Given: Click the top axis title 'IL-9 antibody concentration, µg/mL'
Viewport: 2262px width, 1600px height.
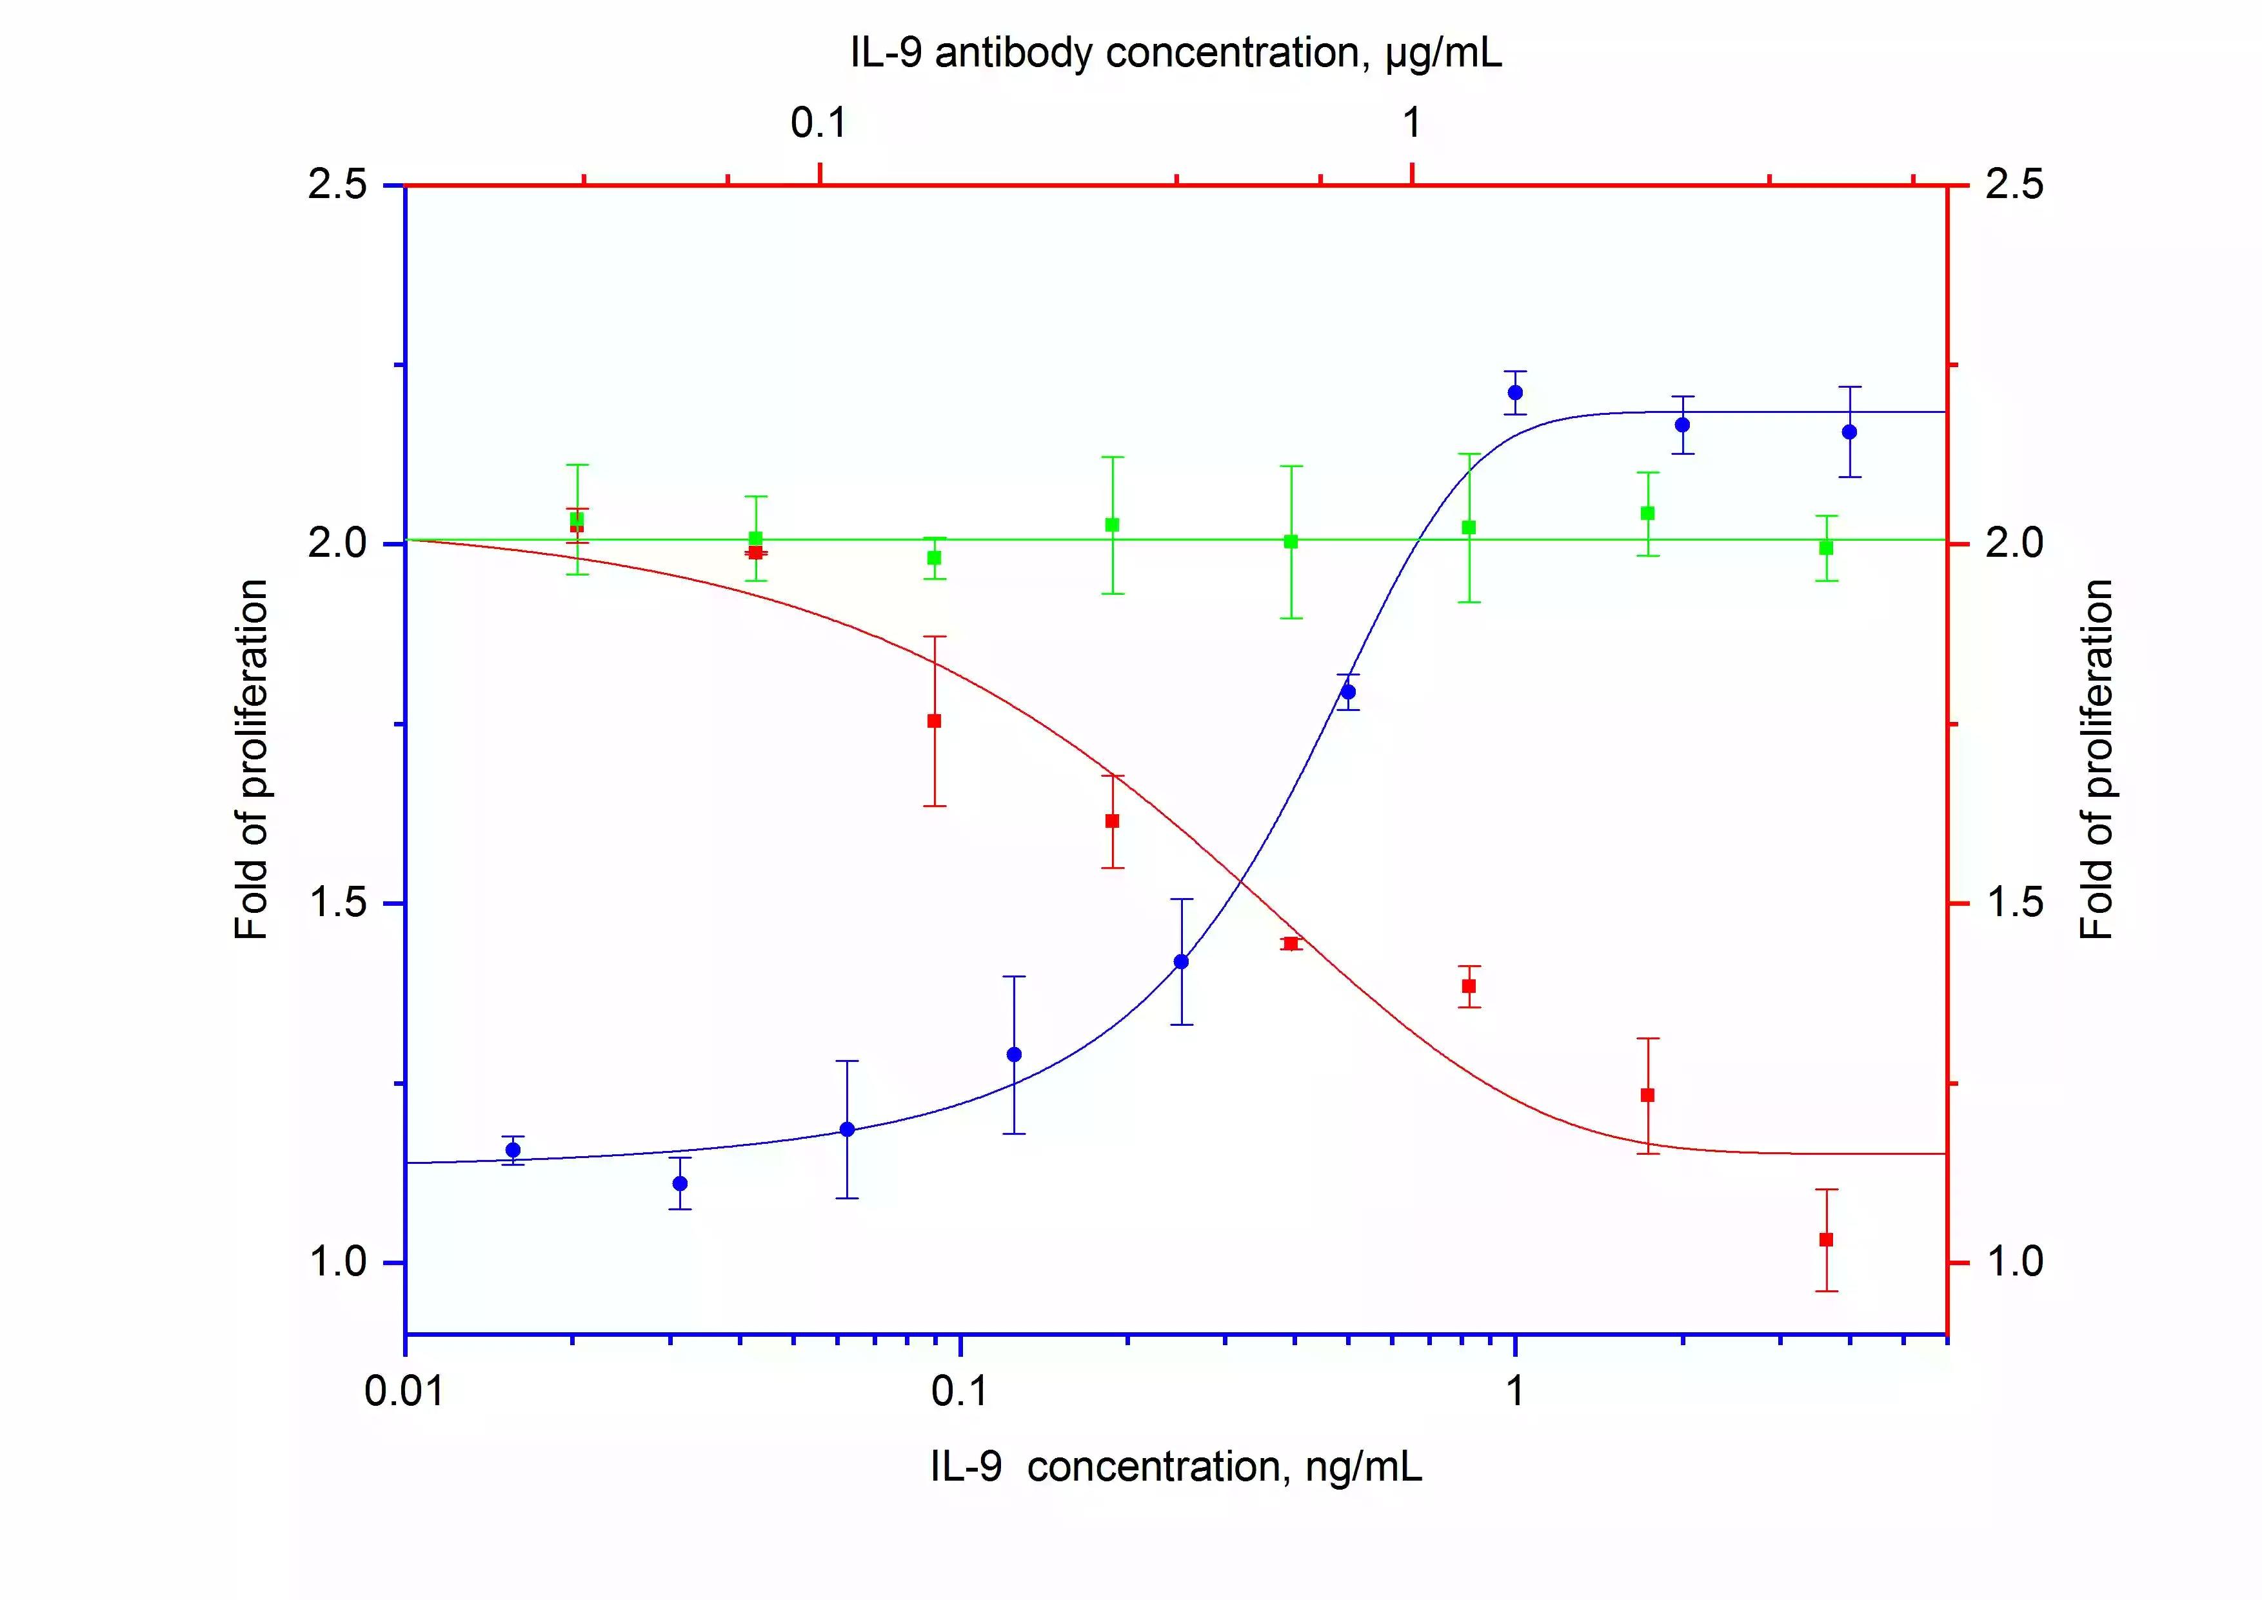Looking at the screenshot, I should tap(1176, 53).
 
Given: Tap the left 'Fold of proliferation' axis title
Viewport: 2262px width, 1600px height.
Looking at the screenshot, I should tap(251, 759).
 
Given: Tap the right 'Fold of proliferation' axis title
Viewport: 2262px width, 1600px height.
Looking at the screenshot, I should tap(2096, 759).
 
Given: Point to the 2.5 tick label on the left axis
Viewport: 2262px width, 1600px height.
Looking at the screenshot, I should tap(338, 185).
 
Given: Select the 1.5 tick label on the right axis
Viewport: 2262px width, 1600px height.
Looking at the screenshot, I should tap(2014, 903).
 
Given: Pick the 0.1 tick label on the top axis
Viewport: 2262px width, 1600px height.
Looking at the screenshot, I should tap(818, 123).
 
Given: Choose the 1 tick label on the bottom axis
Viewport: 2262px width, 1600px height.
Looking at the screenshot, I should tap(1515, 1391).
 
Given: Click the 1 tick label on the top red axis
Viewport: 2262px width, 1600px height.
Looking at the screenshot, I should tap(1412, 123).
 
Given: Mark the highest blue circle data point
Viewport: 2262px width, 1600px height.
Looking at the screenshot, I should tap(1515, 392).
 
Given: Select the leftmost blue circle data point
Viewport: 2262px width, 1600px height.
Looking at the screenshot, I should tap(512, 1150).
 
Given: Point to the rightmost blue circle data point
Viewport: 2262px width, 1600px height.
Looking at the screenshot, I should tap(1849, 432).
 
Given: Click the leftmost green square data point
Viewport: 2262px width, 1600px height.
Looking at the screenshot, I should tap(577, 519).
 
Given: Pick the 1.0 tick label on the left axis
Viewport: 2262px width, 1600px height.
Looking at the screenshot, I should tap(338, 1262).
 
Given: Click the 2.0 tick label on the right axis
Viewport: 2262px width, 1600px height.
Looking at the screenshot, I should tap(2014, 544).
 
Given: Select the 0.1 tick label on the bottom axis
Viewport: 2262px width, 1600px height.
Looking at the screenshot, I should tap(960, 1391).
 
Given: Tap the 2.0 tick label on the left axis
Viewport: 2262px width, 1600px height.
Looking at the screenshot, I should tap(338, 544).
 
